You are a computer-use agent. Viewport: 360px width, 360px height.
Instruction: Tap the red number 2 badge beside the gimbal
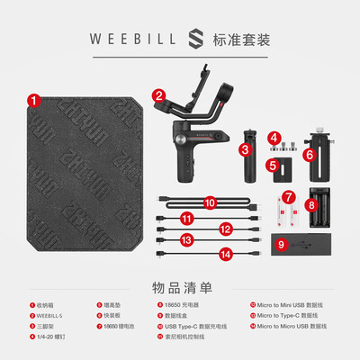point(158,94)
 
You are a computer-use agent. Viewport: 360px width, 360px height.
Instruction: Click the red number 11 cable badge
point(187,218)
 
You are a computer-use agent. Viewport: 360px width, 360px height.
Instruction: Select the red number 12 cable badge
point(225,229)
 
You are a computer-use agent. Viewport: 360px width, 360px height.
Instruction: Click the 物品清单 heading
point(180,287)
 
